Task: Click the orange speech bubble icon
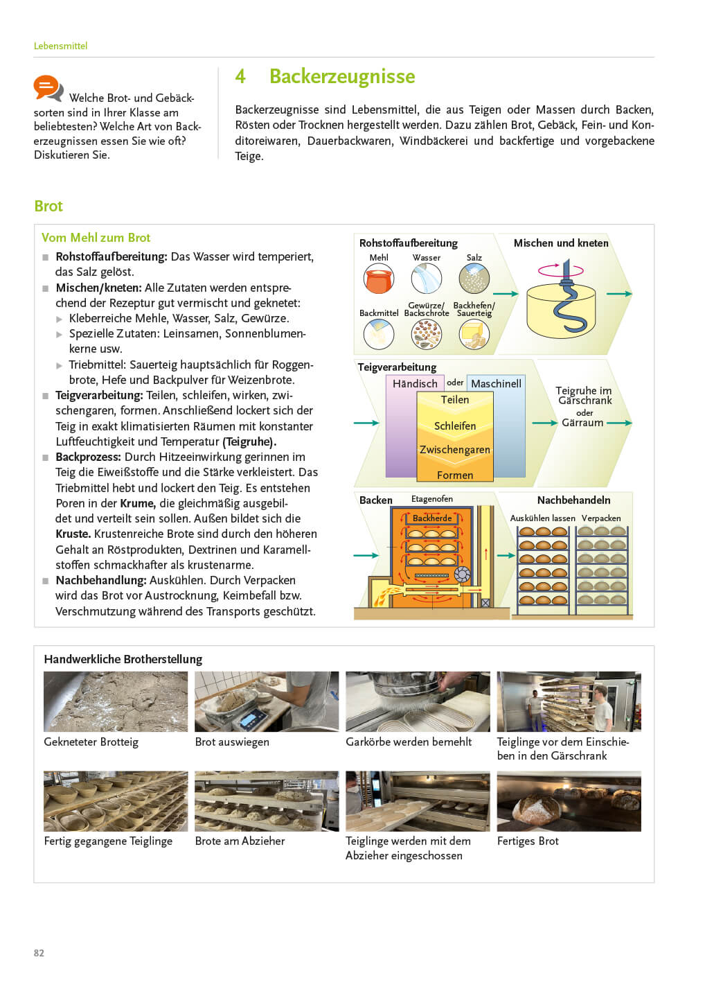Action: (x=48, y=88)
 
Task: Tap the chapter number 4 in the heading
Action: (x=240, y=76)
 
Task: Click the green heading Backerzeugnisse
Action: (x=342, y=76)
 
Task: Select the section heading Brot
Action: (x=48, y=206)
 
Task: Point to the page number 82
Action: (x=39, y=953)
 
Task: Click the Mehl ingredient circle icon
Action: (x=378, y=279)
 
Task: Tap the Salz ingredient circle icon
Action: (x=474, y=279)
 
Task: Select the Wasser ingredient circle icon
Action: (x=426, y=279)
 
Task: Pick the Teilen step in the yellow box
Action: (x=455, y=400)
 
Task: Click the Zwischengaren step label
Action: (x=455, y=450)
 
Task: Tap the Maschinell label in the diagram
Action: (x=496, y=383)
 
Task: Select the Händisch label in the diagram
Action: (x=415, y=383)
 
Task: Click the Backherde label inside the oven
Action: (x=432, y=518)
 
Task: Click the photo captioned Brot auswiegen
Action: (x=267, y=701)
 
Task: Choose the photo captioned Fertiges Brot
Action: (x=569, y=801)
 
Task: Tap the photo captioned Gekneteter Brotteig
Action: (x=116, y=701)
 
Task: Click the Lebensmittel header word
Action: (x=60, y=46)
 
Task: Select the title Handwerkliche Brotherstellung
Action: (x=123, y=659)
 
